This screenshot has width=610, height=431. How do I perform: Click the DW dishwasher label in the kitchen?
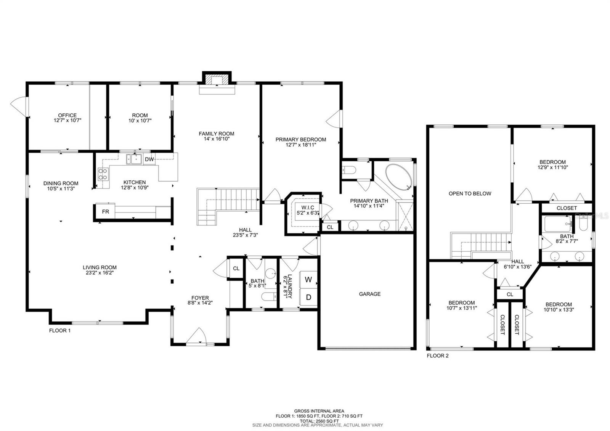[149, 159]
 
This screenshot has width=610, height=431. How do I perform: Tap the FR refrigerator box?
[105, 211]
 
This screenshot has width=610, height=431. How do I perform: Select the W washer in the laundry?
[308, 280]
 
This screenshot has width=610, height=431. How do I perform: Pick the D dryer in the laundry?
[308, 298]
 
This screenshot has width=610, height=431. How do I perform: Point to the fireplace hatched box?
[217, 80]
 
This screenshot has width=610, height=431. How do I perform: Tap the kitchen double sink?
[134, 159]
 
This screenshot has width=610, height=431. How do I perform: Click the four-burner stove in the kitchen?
[103, 174]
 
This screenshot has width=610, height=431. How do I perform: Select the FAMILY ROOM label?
[217, 133]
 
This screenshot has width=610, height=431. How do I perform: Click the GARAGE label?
[369, 294]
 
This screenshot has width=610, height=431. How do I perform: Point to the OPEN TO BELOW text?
[470, 193]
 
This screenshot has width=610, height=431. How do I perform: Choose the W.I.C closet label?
[308, 207]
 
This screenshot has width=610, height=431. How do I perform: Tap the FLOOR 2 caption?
[438, 356]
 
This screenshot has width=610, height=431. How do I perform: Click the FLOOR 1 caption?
[59, 330]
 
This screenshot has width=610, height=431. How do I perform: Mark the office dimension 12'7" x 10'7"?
[67, 120]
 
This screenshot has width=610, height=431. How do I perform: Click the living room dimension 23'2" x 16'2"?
[100, 272]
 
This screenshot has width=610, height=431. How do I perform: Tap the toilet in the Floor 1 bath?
[268, 296]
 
